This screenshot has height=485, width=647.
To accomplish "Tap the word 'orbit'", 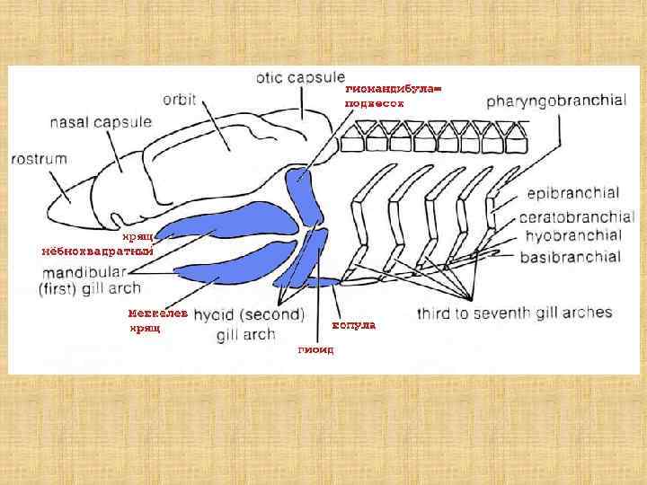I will pyautogui.click(x=180, y=98).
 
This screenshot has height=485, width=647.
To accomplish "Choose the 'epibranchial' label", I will pyautogui.click(x=573, y=193).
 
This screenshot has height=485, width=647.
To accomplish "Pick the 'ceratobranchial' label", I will pyautogui.click(x=577, y=217).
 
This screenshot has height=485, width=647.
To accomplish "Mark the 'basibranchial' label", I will pyautogui.click(x=570, y=257).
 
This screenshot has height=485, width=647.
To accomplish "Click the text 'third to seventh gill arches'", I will pyautogui.click(x=514, y=313).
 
